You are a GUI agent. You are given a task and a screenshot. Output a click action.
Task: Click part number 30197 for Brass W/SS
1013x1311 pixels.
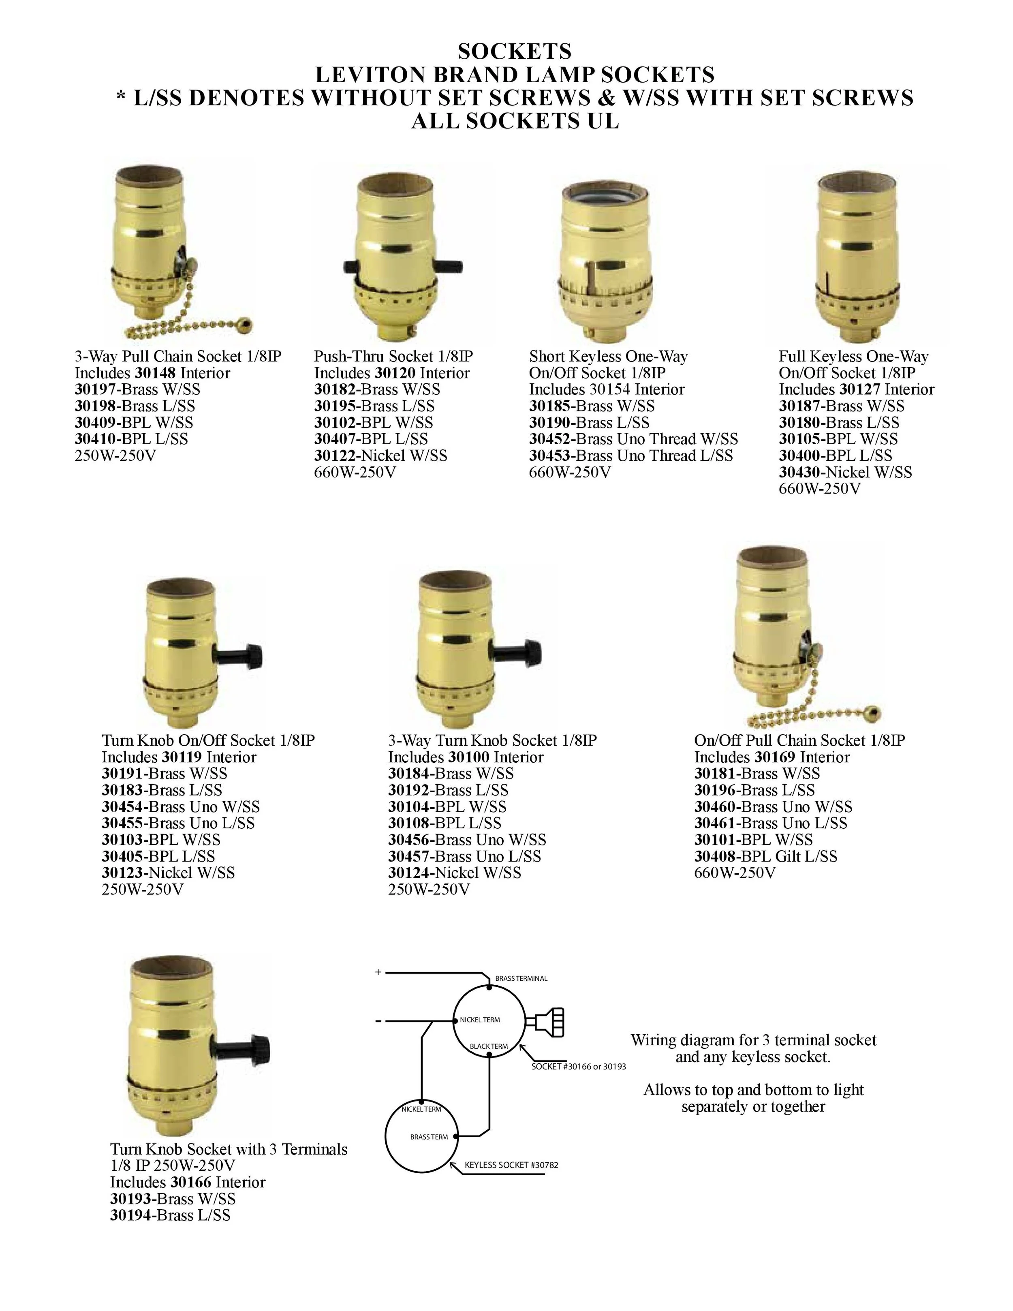click(x=98, y=389)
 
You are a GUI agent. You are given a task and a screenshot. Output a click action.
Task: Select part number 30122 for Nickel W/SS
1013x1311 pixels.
click(x=337, y=456)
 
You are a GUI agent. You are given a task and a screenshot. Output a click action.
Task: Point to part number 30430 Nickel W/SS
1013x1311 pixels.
click(x=802, y=473)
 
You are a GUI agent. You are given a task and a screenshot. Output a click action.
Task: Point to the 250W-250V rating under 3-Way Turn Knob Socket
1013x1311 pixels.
click(x=428, y=890)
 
